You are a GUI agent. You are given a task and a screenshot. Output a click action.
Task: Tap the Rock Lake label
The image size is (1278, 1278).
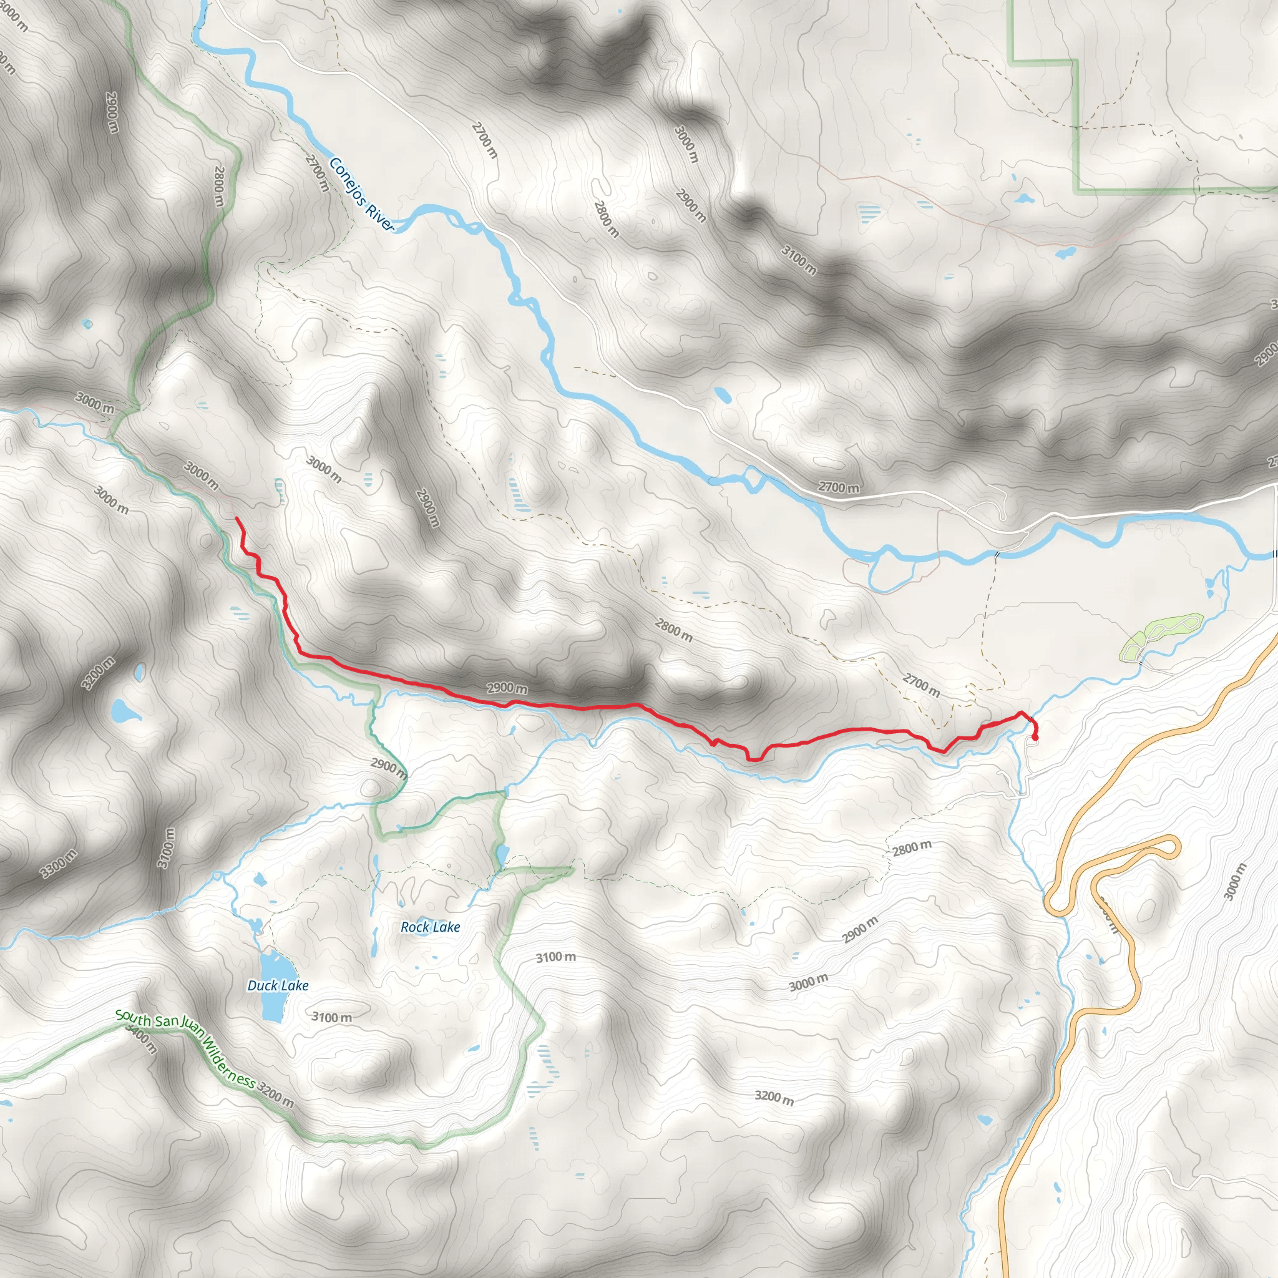coord(430,927)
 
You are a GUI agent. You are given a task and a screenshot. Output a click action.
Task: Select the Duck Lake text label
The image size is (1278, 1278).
coord(278,985)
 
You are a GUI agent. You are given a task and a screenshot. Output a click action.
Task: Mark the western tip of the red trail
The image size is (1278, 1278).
coord(236,519)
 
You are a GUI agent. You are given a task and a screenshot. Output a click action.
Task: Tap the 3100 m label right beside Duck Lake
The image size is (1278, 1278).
coord(332,1017)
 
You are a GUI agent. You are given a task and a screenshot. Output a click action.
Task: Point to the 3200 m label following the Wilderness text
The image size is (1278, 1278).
coord(276,1095)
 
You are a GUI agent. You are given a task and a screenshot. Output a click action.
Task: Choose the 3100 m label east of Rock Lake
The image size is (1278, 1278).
coord(555,957)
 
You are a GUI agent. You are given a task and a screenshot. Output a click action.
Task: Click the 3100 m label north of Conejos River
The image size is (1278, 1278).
coord(799,260)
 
